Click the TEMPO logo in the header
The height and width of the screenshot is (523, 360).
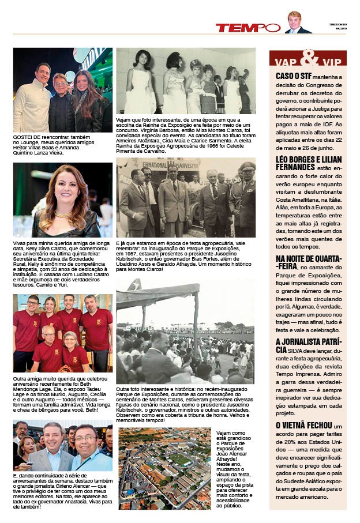click(247, 27)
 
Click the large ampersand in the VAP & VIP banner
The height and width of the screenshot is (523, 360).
click(309, 58)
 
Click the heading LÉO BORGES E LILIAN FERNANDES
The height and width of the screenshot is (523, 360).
click(307, 162)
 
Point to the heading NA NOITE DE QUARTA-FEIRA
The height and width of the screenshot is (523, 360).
click(308, 262)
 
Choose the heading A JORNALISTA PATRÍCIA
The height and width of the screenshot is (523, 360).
click(307, 345)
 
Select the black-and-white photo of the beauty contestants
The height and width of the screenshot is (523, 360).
click(186, 81)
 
